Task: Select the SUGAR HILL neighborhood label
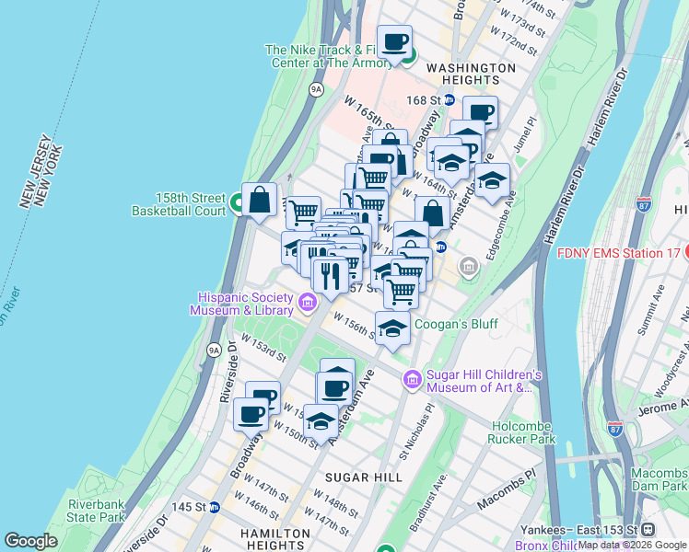pos(364,477)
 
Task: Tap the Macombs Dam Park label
pos(659,478)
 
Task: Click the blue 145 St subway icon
pos(215,507)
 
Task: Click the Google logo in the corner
pos(30,541)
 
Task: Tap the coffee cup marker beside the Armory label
pos(395,41)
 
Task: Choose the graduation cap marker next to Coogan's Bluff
pos(393,328)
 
